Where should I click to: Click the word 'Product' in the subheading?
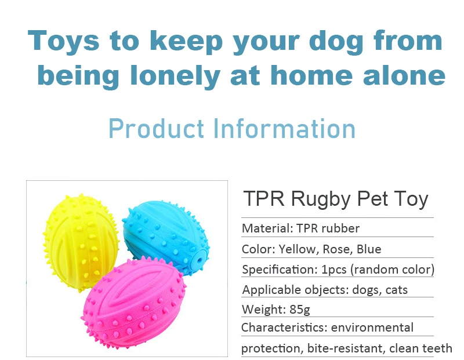tap(157, 128)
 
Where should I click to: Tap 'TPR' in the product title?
tap(264, 199)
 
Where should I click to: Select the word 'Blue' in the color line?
tap(369, 249)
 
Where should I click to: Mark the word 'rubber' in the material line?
tap(339, 228)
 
